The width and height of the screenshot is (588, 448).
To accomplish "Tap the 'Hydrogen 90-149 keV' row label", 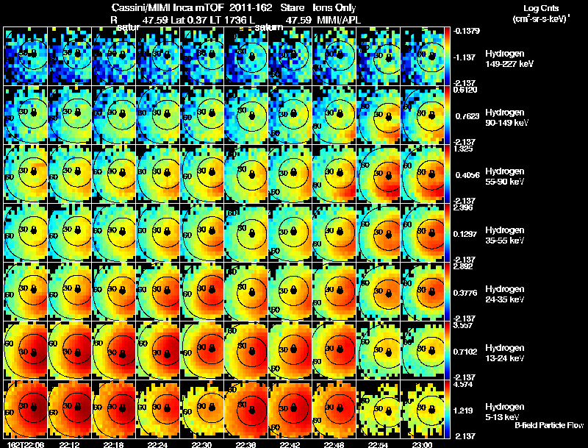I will [x=506, y=118].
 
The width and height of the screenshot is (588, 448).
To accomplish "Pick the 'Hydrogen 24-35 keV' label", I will [x=505, y=294].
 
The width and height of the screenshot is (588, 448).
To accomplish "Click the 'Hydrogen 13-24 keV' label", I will [x=505, y=352].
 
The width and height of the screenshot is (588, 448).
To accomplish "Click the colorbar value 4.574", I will [x=465, y=384].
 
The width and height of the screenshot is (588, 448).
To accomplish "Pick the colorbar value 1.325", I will [x=465, y=149].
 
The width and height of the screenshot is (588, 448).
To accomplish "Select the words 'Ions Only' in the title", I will [x=336, y=7].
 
